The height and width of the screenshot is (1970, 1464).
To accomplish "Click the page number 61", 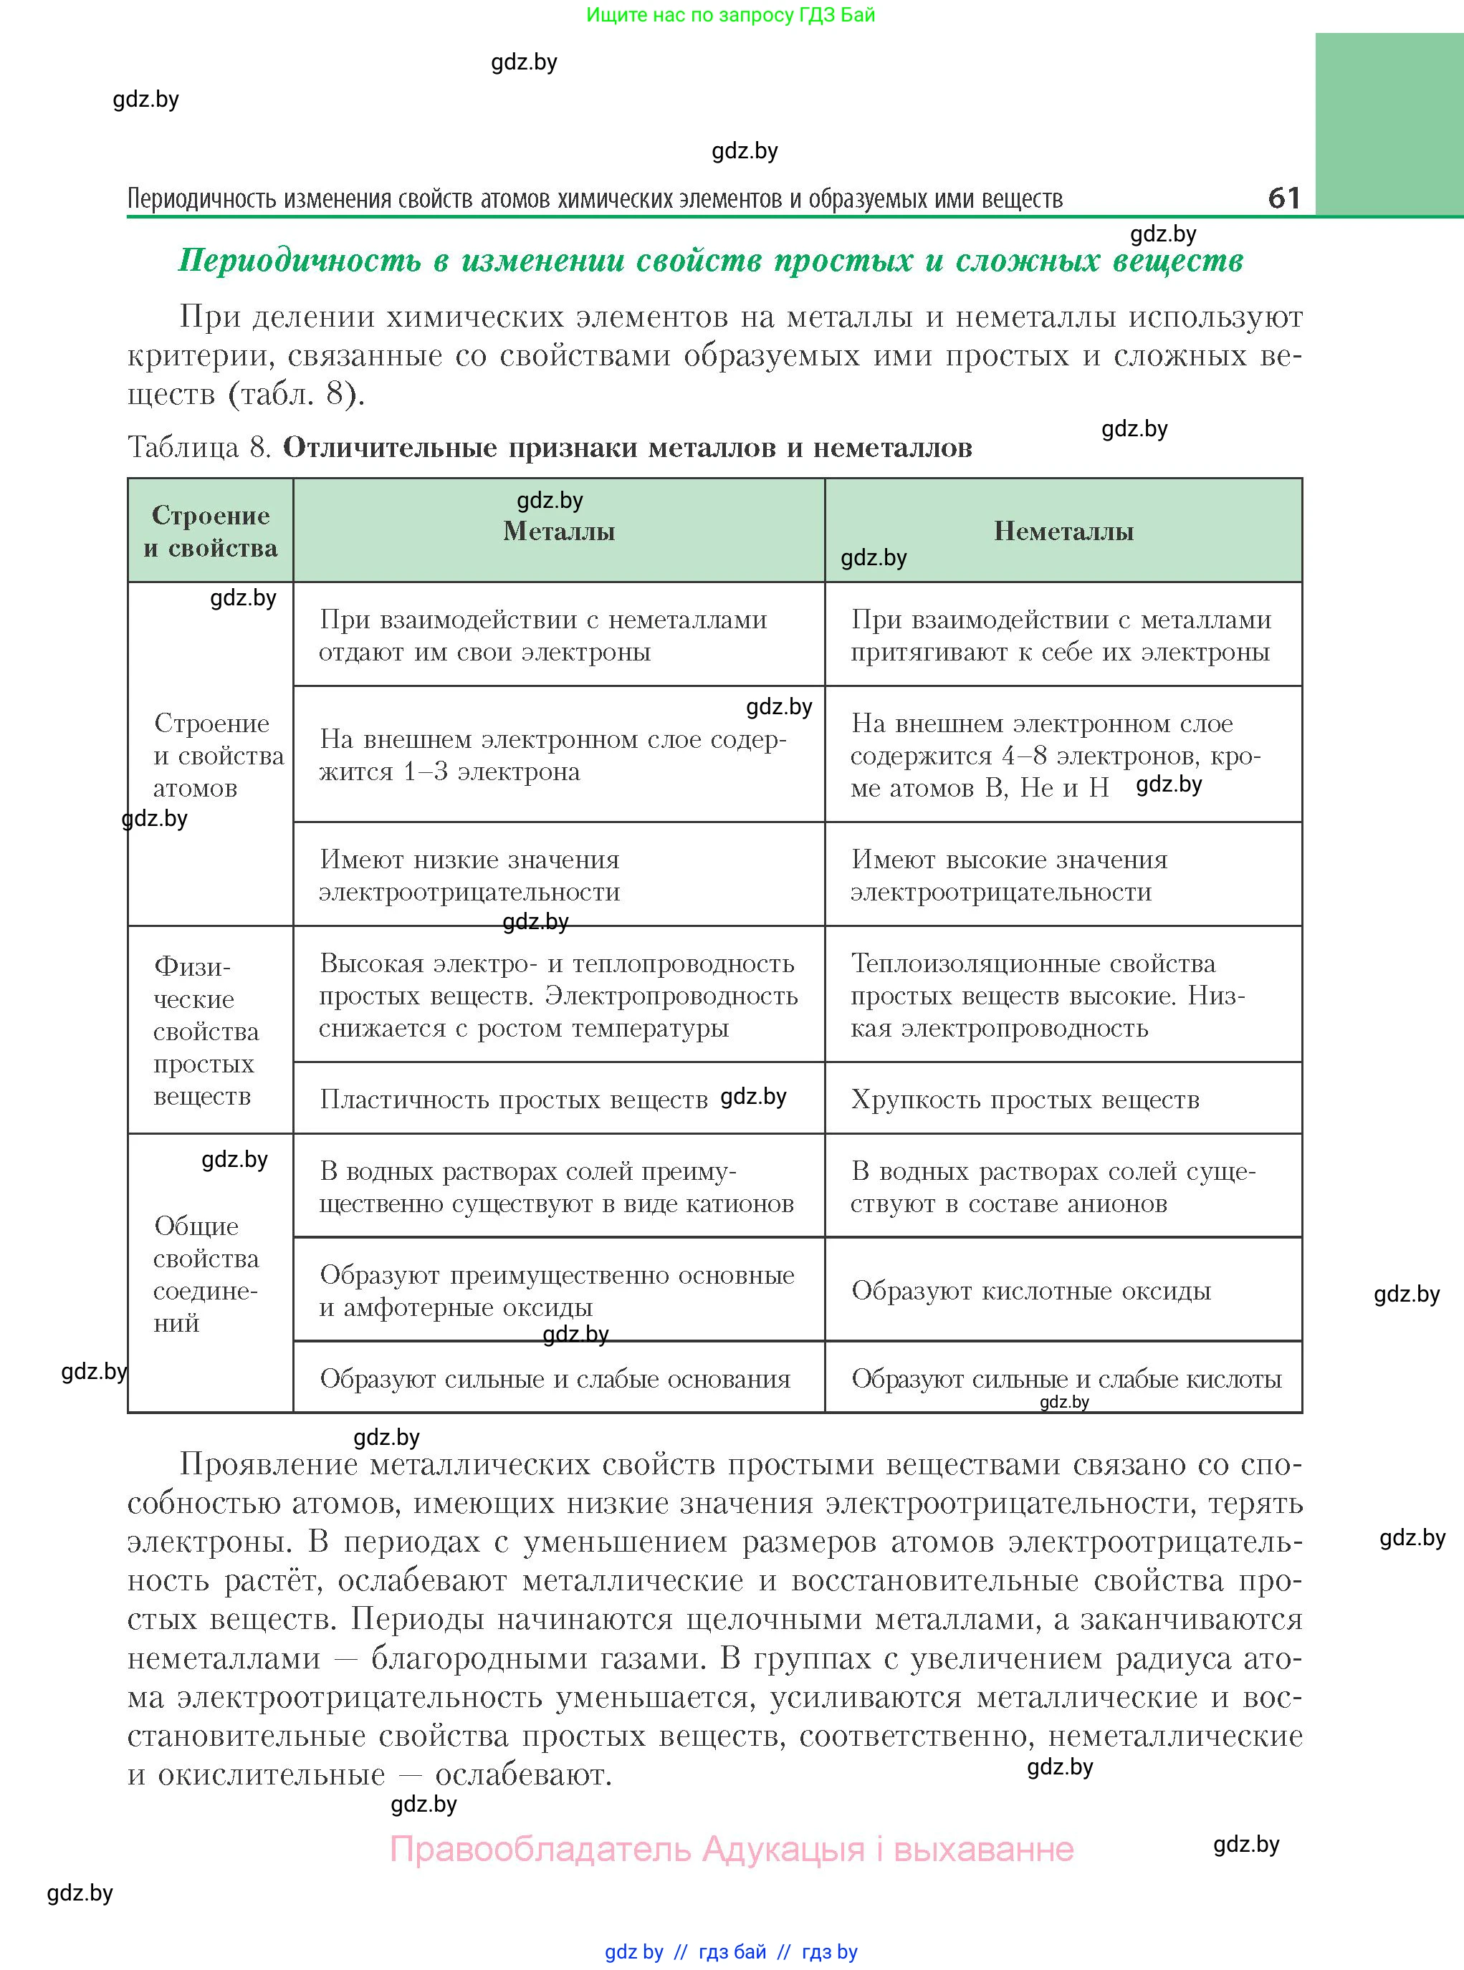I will pos(1284,198).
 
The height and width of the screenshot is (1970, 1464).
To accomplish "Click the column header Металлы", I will pos(559,532).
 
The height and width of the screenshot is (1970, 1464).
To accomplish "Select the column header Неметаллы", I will pos(1063,532).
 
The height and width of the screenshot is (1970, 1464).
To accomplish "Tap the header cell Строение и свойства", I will pos(211,532).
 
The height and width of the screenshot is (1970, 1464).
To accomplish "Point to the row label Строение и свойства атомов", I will pos(213,756).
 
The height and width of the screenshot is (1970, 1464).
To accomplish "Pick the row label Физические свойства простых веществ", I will pos(206,1031).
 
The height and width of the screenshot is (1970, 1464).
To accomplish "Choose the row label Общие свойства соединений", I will pos(206,1274).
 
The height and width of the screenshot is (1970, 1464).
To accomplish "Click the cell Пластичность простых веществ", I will pos(514,1100).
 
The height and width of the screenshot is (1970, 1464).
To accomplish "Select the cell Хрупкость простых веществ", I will pos(1025,1100).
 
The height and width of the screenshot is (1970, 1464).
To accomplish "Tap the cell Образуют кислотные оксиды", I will pos(1030,1291).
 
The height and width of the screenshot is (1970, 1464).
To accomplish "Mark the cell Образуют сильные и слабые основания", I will pos(555,1378).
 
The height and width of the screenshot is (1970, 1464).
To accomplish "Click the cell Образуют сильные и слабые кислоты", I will pos(1066,1378).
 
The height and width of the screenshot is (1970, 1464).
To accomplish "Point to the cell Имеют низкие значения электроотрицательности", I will pos(469,875).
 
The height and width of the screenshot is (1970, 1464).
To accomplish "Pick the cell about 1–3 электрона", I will pos(552,756).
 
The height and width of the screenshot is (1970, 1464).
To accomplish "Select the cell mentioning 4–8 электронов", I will pos(1055,756).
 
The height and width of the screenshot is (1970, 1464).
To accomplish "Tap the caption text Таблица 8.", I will pos(199,447).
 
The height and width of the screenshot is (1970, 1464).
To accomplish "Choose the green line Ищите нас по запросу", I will pos(730,15).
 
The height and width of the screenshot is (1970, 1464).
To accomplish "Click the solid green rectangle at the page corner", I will pos(1389,124).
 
